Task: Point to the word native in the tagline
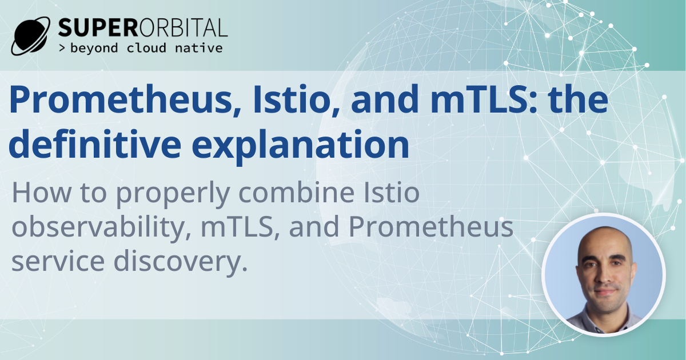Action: (200, 48)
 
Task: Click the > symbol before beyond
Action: (62, 48)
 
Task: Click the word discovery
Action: (185, 261)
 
